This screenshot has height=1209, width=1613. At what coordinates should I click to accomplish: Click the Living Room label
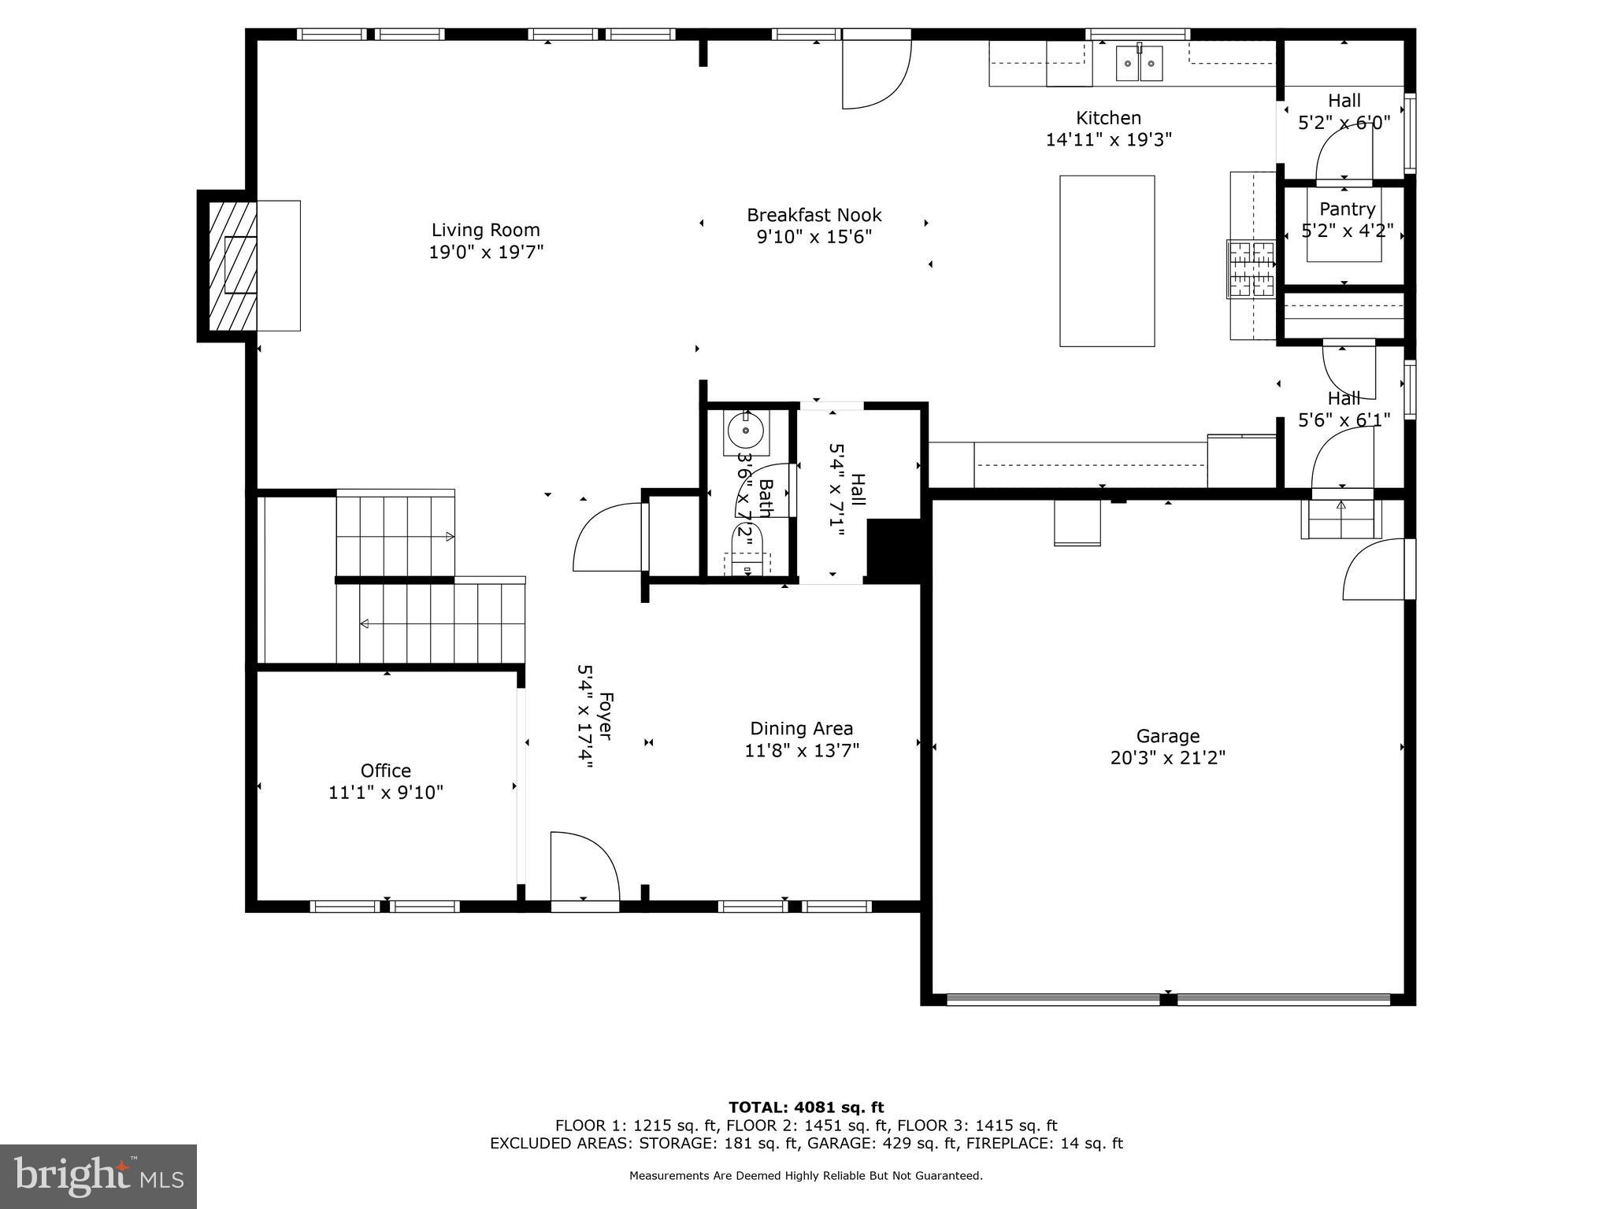(x=485, y=231)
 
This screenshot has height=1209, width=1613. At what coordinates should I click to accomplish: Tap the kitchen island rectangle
(x=1107, y=261)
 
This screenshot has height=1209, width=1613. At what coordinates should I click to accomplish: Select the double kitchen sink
(x=1139, y=63)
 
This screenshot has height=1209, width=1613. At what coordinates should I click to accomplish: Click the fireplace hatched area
(x=232, y=266)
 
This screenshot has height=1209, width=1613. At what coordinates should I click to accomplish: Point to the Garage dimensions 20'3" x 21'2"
(x=1167, y=758)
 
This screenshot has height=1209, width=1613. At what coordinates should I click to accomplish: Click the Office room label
(x=385, y=771)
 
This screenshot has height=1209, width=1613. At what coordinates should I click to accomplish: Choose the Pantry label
(x=1347, y=209)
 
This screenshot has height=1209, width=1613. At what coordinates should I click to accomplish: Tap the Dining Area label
(x=801, y=729)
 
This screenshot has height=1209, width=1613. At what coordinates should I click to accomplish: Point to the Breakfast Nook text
(x=814, y=215)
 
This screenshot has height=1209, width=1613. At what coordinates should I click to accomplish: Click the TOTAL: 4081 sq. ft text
(x=806, y=1107)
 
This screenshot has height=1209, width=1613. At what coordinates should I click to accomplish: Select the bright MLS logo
(x=98, y=1176)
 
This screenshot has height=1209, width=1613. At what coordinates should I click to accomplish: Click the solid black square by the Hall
(x=894, y=549)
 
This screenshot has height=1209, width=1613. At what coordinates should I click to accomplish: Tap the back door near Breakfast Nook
(x=876, y=72)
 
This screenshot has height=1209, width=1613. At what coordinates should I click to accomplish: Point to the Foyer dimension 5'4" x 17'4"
(x=584, y=715)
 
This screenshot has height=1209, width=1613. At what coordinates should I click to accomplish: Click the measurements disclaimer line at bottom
(x=806, y=1176)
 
